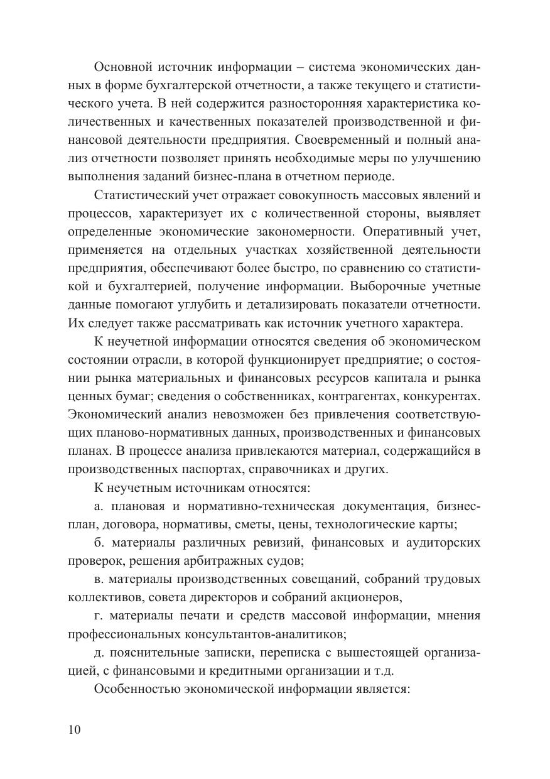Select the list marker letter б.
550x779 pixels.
pyautogui.click(x=97, y=542)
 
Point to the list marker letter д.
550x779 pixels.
pyautogui.click(x=97, y=652)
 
